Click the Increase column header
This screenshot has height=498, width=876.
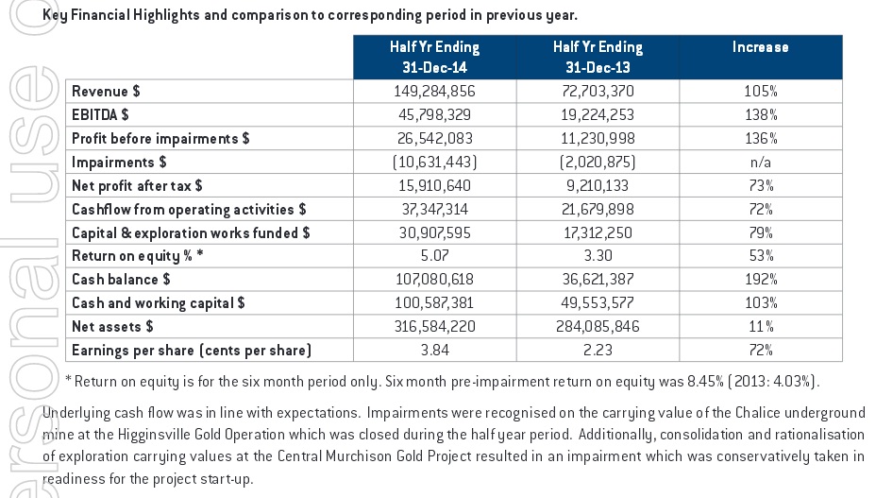point(760,47)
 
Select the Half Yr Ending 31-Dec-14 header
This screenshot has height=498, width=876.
point(434,57)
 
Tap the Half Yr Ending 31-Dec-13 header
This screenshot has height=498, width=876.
point(598,57)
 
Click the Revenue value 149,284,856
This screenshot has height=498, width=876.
point(434,92)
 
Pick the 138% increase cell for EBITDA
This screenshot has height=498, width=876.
point(761,114)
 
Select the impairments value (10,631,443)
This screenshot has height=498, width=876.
point(434,163)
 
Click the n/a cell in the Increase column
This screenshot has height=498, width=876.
point(760,163)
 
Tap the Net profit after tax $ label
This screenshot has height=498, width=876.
point(137,186)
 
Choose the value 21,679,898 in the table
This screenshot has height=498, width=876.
point(598,209)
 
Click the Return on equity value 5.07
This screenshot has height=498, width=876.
point(434,256)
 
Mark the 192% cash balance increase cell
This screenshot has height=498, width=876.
point(761,279)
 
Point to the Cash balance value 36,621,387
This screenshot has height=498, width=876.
point(598,279)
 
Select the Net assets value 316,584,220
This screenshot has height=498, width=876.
point(434,326)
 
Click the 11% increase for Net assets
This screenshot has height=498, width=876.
point(761,326)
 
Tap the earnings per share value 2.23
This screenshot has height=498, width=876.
point(598,351)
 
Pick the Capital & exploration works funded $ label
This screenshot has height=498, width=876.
point(191,232)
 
